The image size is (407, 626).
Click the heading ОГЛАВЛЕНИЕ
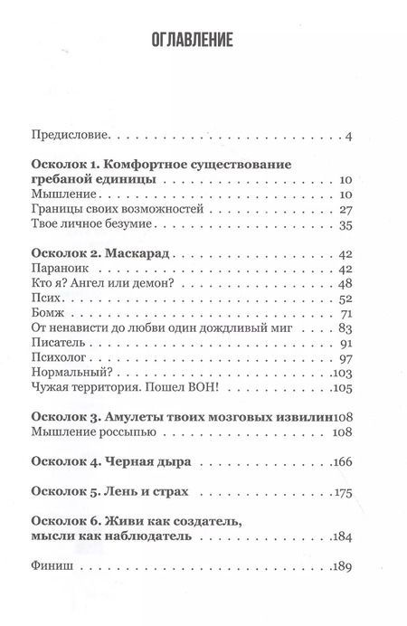click(203, 40)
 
